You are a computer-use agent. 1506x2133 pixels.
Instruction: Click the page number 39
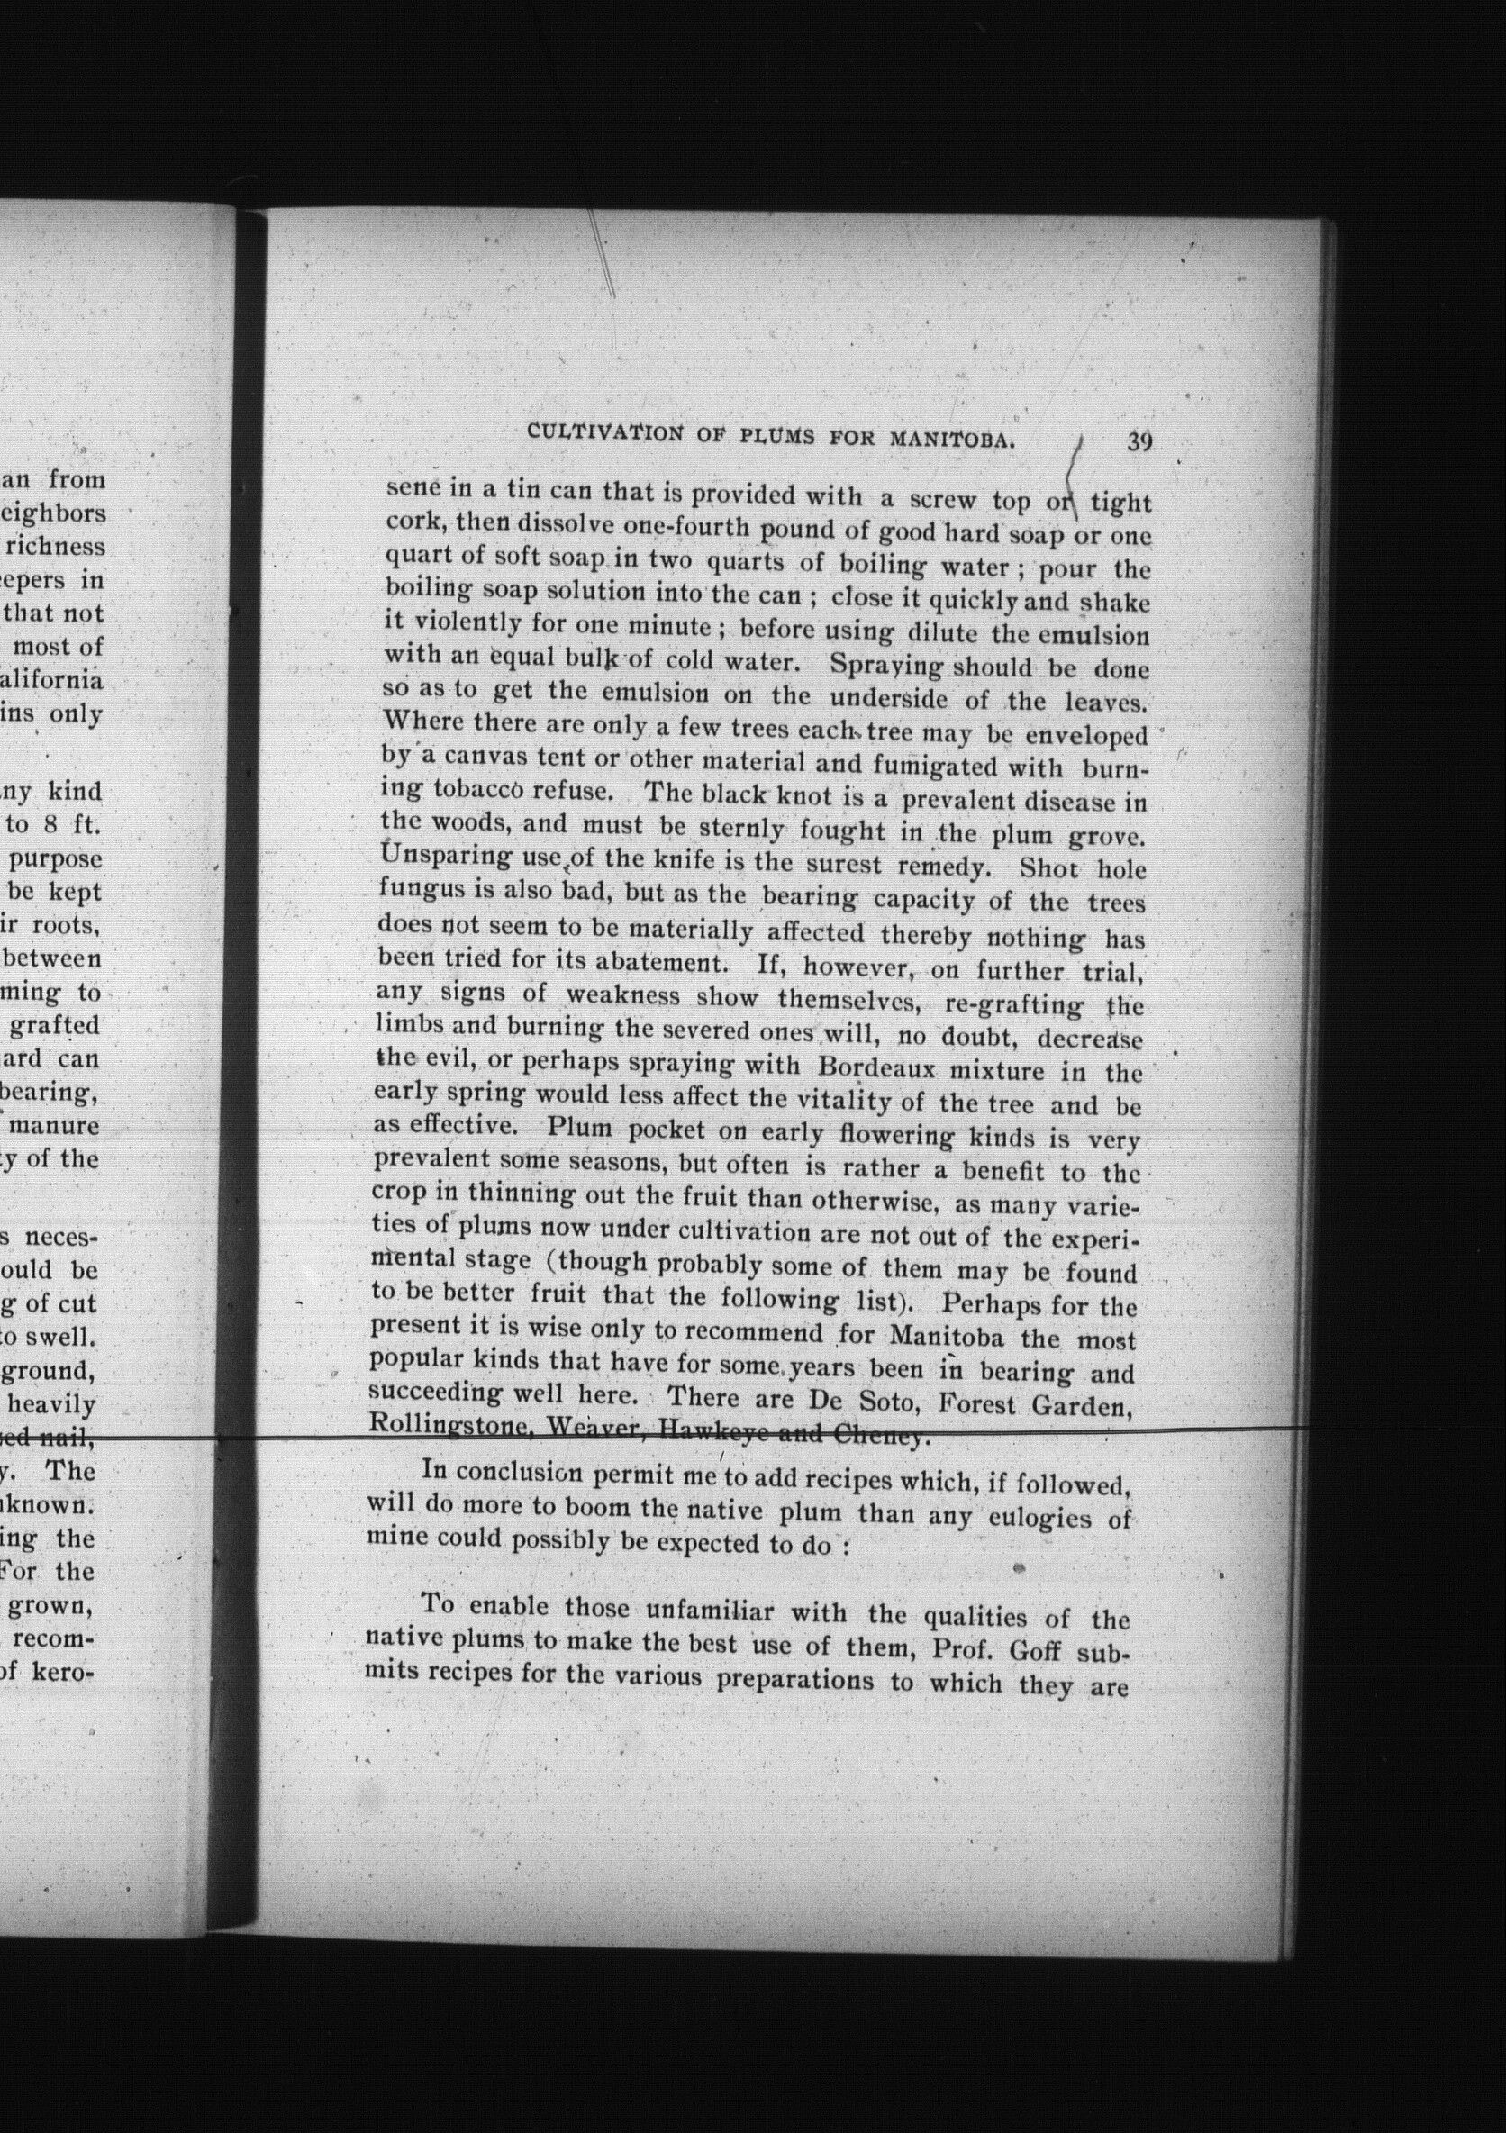tap(1139, 441)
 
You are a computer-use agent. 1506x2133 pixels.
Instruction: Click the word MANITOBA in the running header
tap(949, 439)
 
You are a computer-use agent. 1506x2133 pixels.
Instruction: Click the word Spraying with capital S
tap(883, 666)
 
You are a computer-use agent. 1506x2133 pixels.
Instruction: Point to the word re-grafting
tap(1012, 1005)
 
